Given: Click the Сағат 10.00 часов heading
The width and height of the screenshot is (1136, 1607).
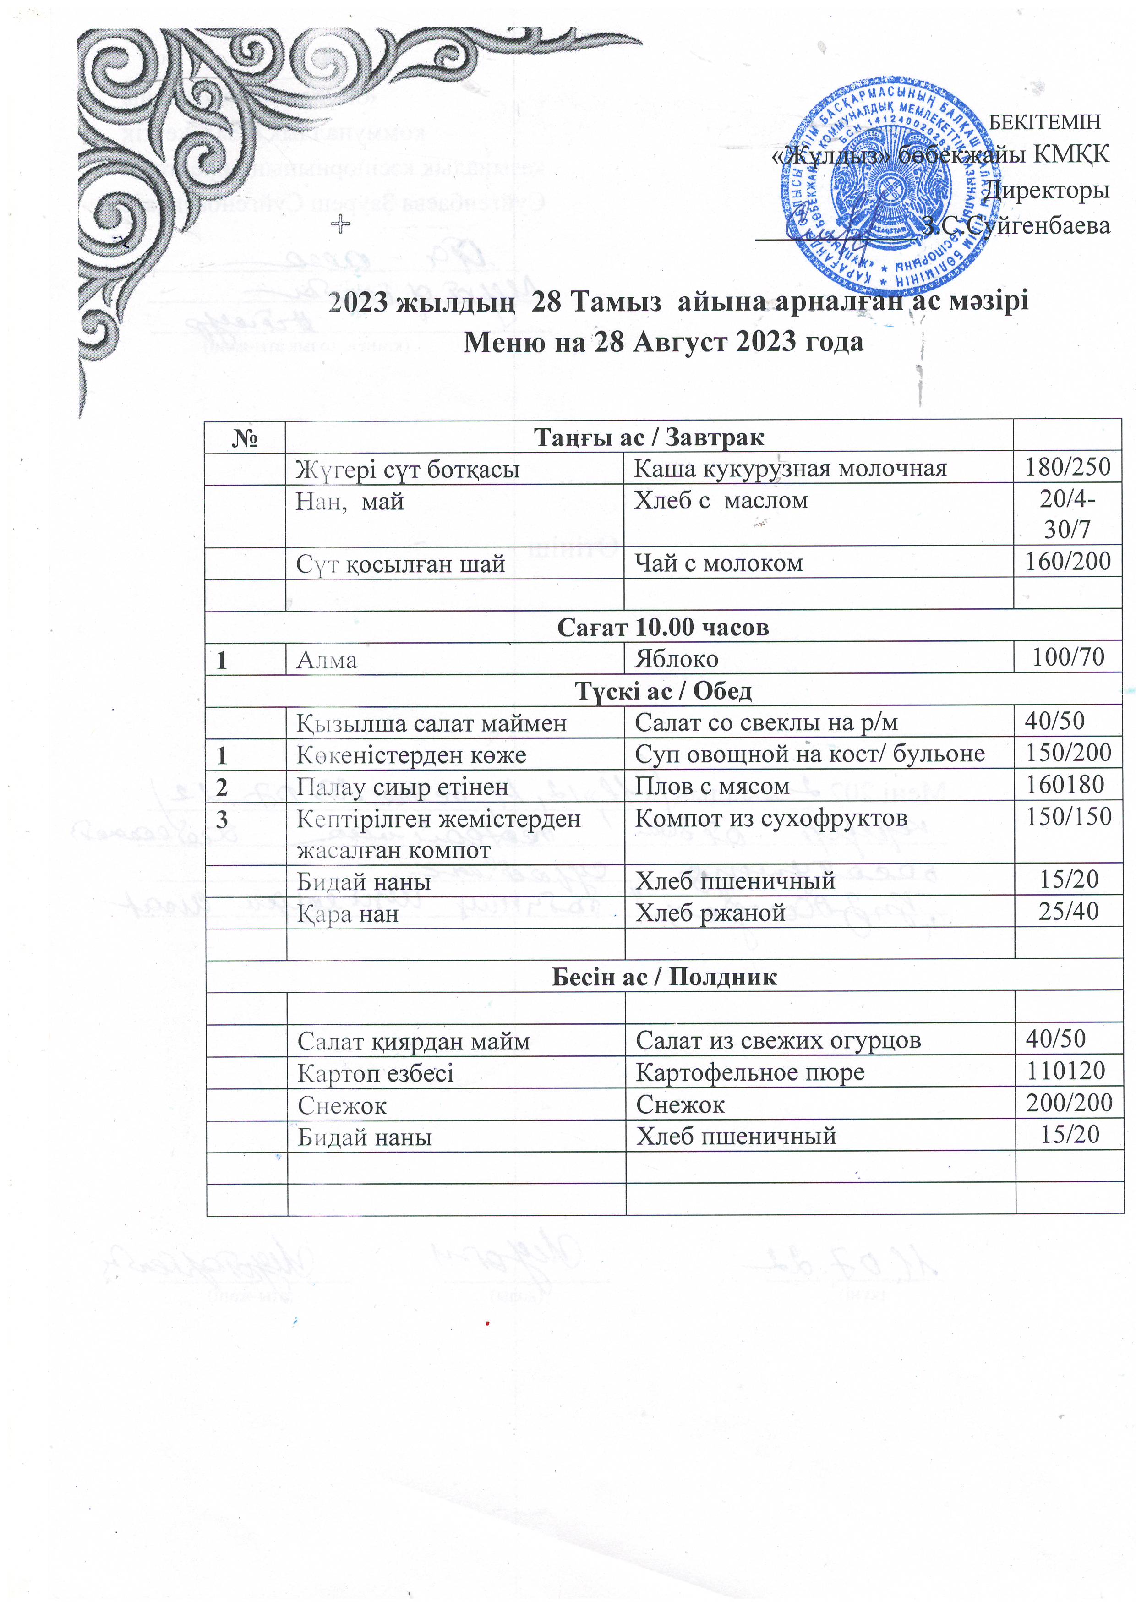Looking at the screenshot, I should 663,627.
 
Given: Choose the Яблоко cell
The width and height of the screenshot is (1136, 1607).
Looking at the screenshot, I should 676,659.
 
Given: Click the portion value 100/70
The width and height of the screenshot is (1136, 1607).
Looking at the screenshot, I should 1069,657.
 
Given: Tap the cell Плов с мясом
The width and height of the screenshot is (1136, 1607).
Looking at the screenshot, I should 712,787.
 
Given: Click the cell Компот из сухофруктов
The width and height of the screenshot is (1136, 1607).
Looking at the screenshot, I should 770,818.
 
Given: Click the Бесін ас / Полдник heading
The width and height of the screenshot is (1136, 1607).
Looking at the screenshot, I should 664,977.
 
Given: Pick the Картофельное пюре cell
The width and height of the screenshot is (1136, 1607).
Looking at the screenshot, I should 750,1072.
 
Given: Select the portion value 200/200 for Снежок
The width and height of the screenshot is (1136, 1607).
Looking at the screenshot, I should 1069,1103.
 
